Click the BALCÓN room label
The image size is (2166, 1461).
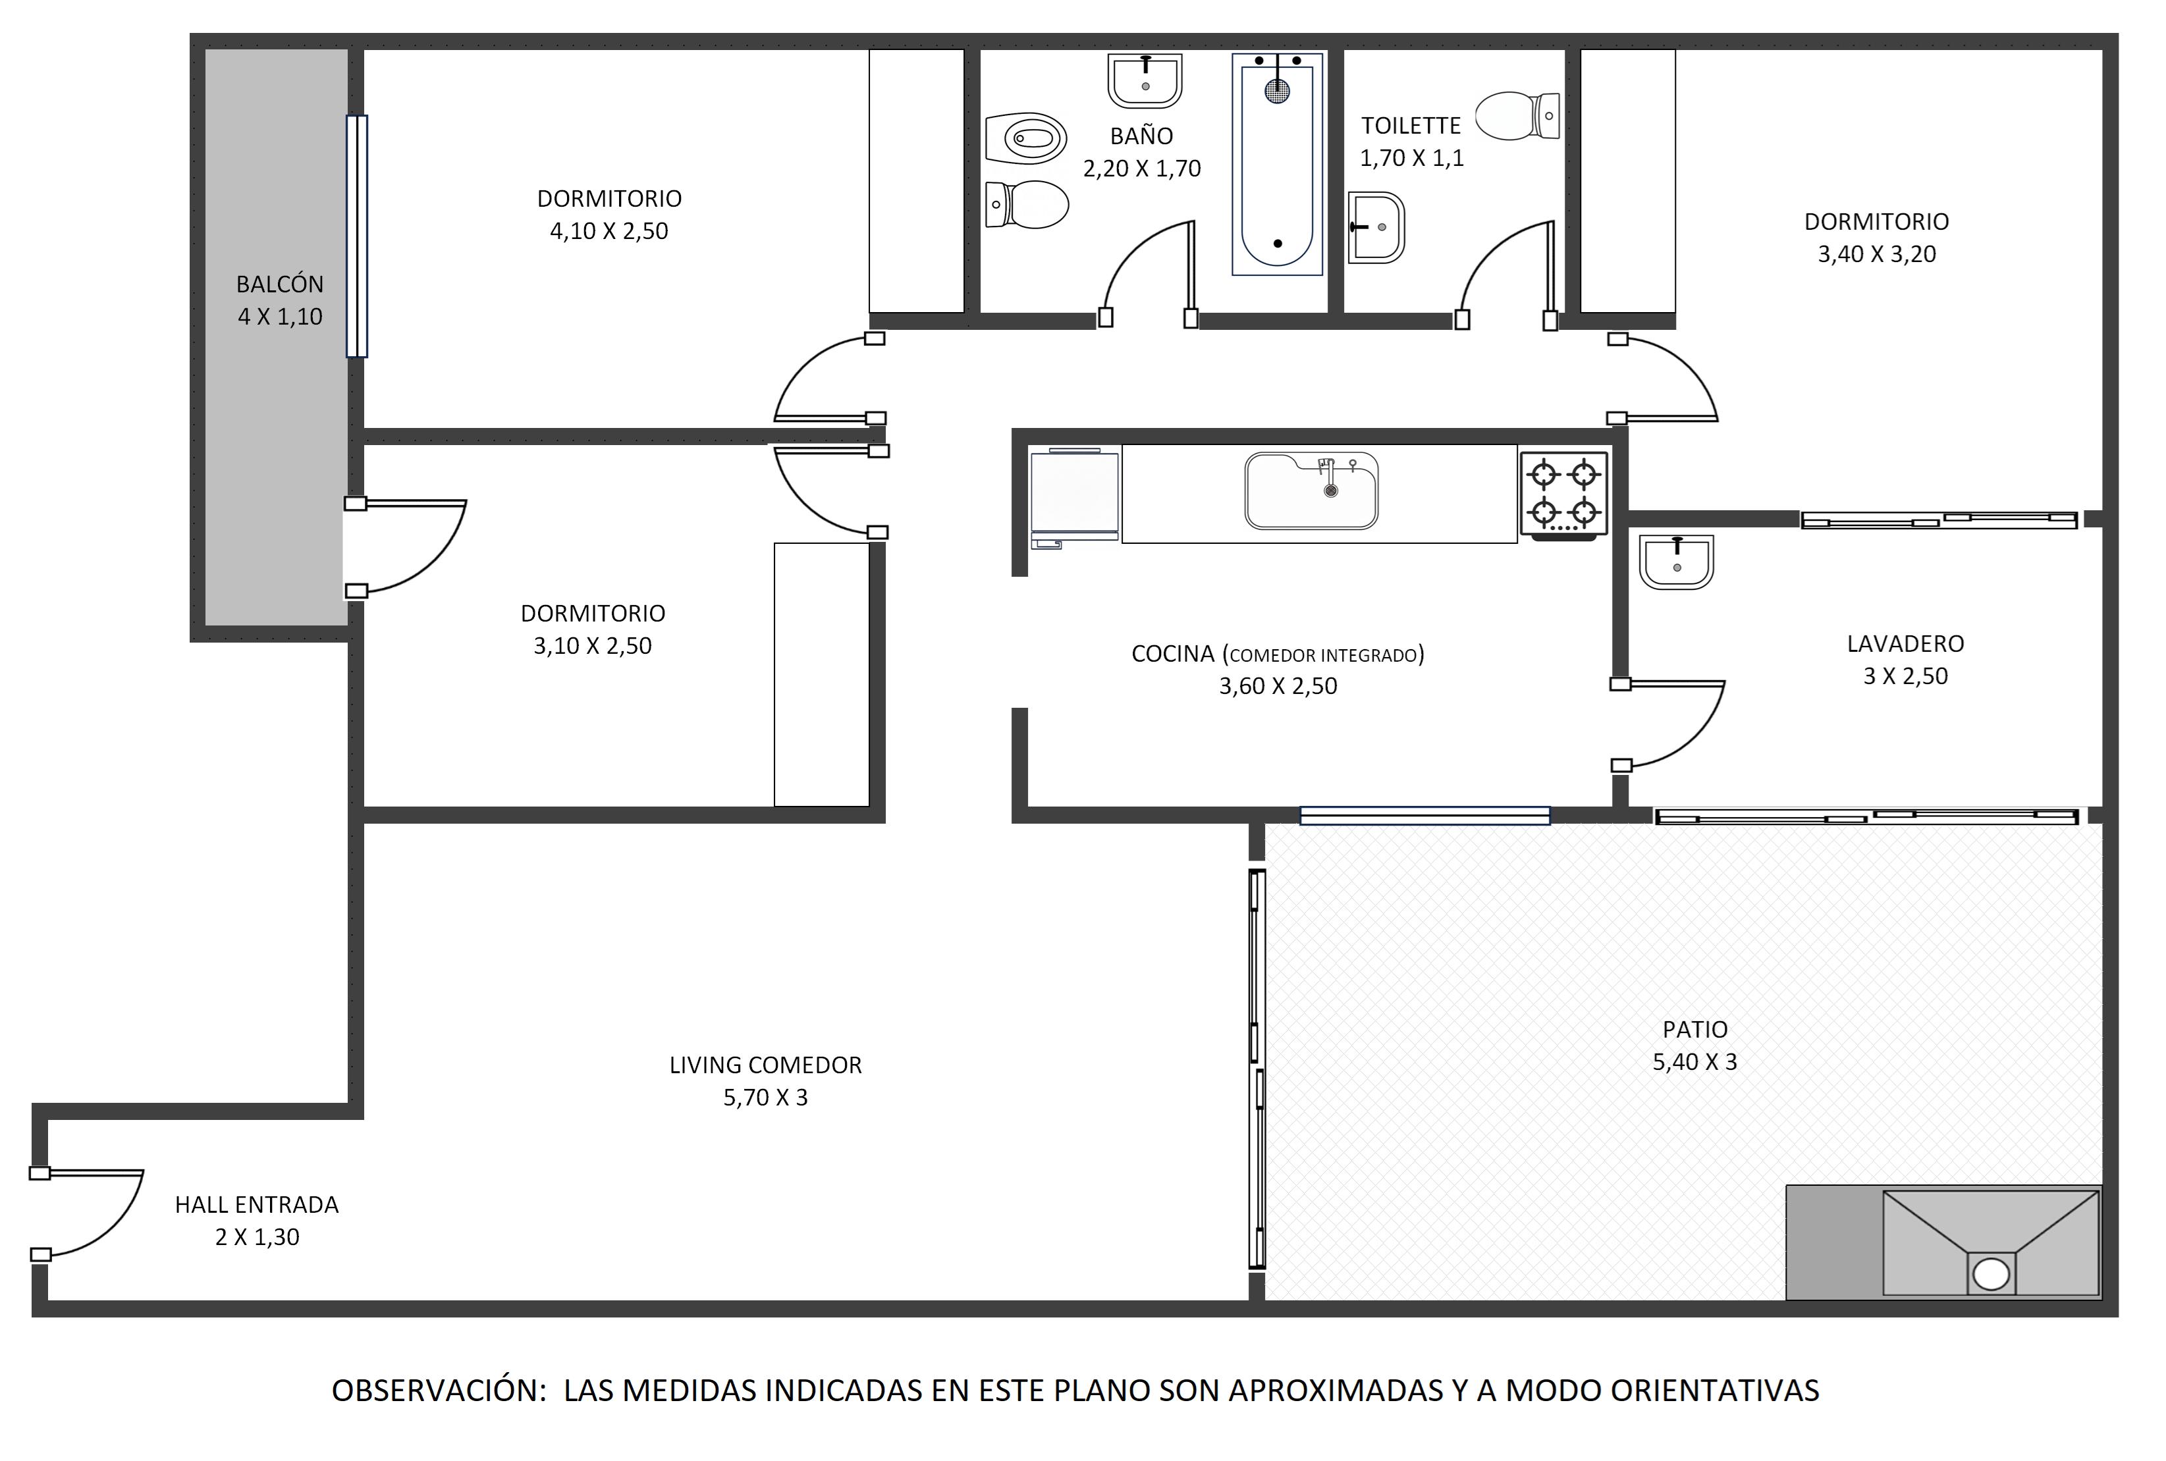(x=280, y=284)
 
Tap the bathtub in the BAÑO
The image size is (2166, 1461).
(x=1277, y=164)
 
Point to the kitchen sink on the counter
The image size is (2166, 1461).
(x=1311, y=490)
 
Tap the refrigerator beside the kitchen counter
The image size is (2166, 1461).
(x=1073, y=498)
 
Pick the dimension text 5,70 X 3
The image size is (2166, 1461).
(x=765, y=1098)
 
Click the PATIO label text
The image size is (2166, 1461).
(x=1695, y=1030)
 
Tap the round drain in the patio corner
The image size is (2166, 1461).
(x=1991, y=1274)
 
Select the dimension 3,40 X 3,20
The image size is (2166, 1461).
(x=1877, y=254)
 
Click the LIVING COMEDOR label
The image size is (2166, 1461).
(x=765, y=1065)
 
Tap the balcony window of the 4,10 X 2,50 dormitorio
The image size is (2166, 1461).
(x=356, y=236)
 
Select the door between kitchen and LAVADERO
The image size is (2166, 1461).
(x=1668, y=725)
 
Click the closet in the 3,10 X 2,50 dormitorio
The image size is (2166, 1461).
(x=821, y=675)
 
